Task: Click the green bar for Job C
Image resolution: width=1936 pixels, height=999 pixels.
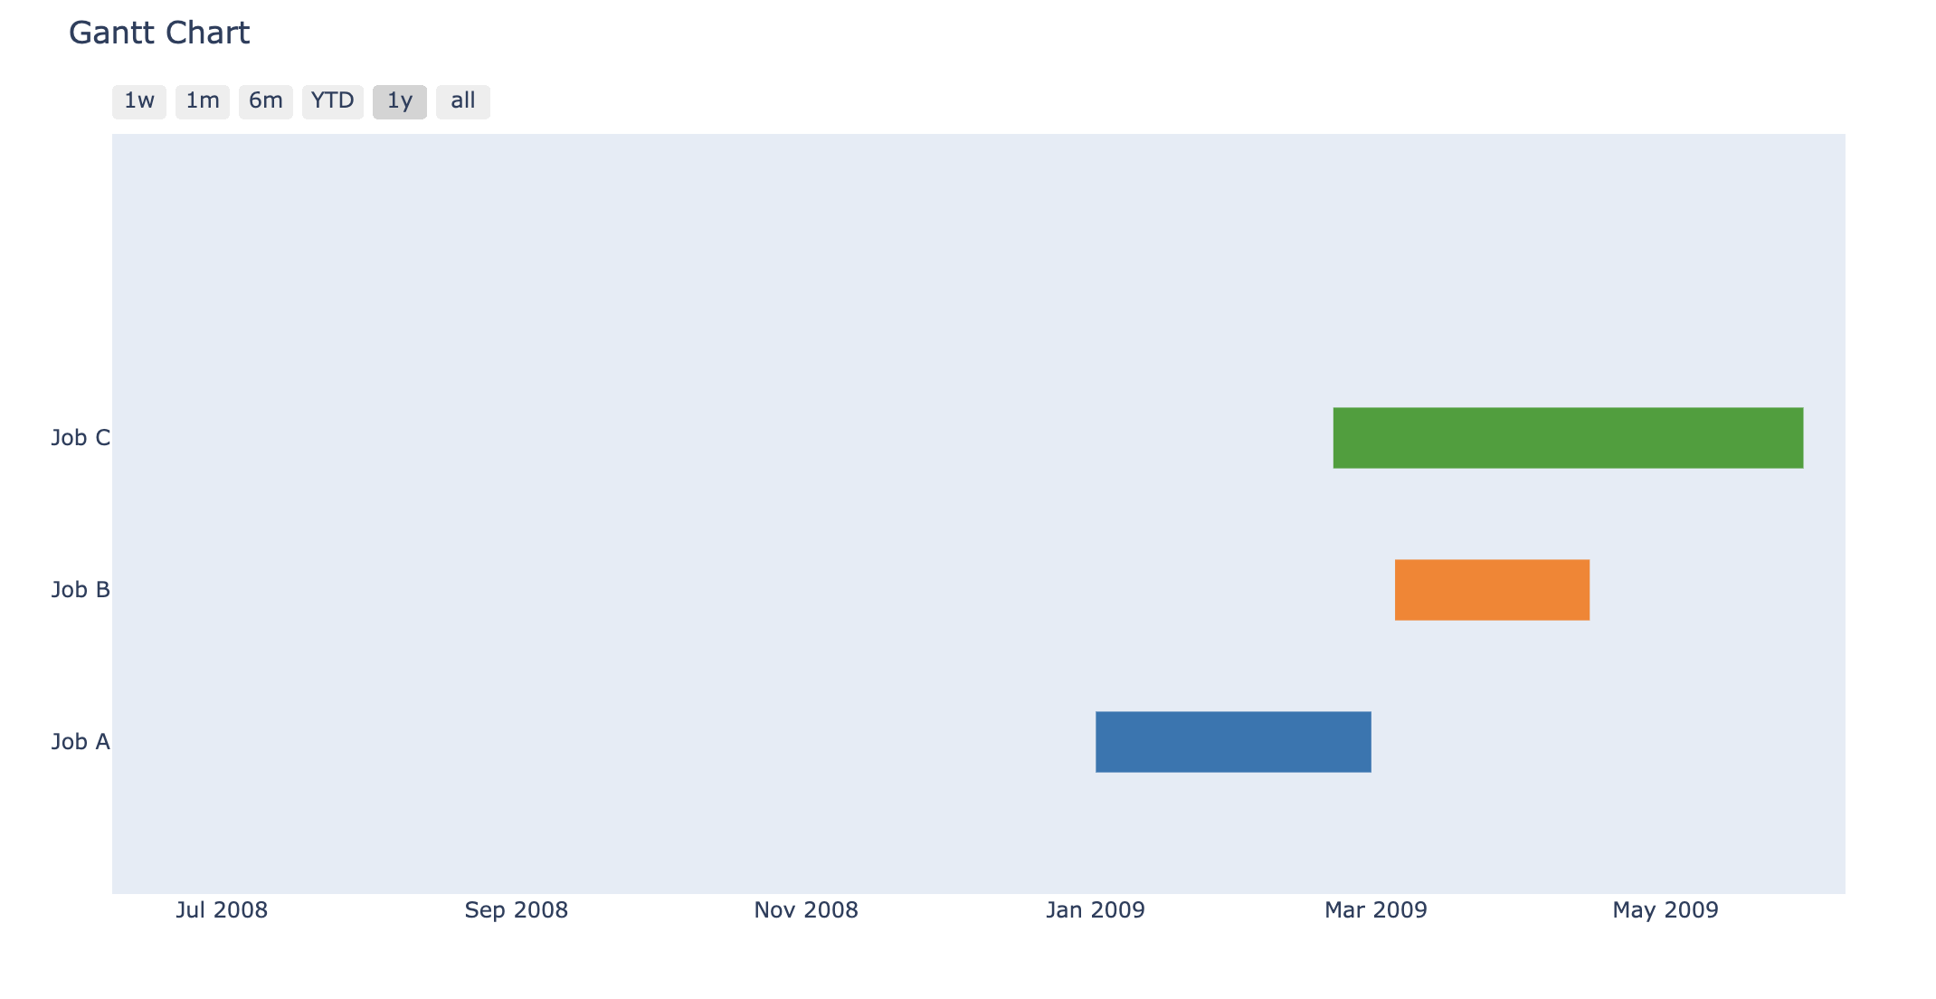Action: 1568,438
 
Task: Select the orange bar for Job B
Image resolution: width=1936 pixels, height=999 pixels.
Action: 1492,590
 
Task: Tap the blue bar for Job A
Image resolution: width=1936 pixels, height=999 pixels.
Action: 1233,742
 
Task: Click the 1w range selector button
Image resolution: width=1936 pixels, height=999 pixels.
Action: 139,101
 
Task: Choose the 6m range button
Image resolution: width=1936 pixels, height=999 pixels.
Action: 266,101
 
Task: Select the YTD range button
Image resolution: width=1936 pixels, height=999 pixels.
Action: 333,101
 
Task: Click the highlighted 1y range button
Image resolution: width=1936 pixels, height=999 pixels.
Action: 400,101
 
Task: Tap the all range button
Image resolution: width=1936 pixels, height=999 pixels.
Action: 463,101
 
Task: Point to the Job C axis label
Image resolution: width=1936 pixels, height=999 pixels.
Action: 81,438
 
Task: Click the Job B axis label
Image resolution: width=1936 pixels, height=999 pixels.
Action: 81,590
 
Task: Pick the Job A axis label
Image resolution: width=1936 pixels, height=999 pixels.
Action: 81,742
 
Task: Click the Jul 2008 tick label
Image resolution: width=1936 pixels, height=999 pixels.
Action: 222,910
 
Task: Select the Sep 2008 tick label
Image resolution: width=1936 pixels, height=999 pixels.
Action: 517,910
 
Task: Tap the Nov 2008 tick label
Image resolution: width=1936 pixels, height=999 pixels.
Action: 806,910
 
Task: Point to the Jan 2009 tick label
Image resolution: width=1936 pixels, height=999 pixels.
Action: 1096,910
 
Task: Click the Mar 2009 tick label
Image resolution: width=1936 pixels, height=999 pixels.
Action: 1376,910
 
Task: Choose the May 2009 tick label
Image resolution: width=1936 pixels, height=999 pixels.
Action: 1666,910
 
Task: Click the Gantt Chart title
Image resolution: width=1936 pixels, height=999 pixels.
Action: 159,33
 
